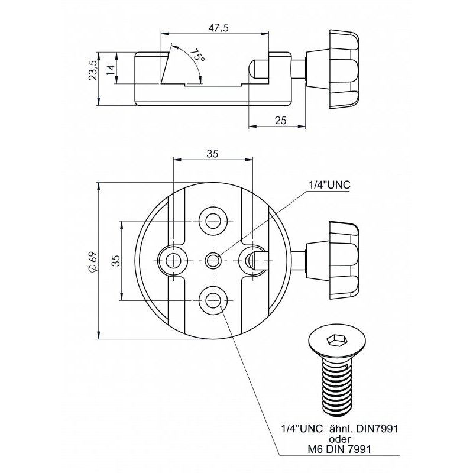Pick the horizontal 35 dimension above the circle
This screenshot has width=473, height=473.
point(212,153)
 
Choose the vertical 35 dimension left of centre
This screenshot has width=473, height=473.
point(116,260)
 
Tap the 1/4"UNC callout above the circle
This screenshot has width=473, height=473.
point(329,184)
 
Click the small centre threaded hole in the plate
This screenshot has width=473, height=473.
point(213,259)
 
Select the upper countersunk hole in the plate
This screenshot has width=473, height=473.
point(213,221)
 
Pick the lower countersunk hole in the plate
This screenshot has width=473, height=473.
point(213,297)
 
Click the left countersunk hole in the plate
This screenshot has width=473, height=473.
point(174,259)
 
